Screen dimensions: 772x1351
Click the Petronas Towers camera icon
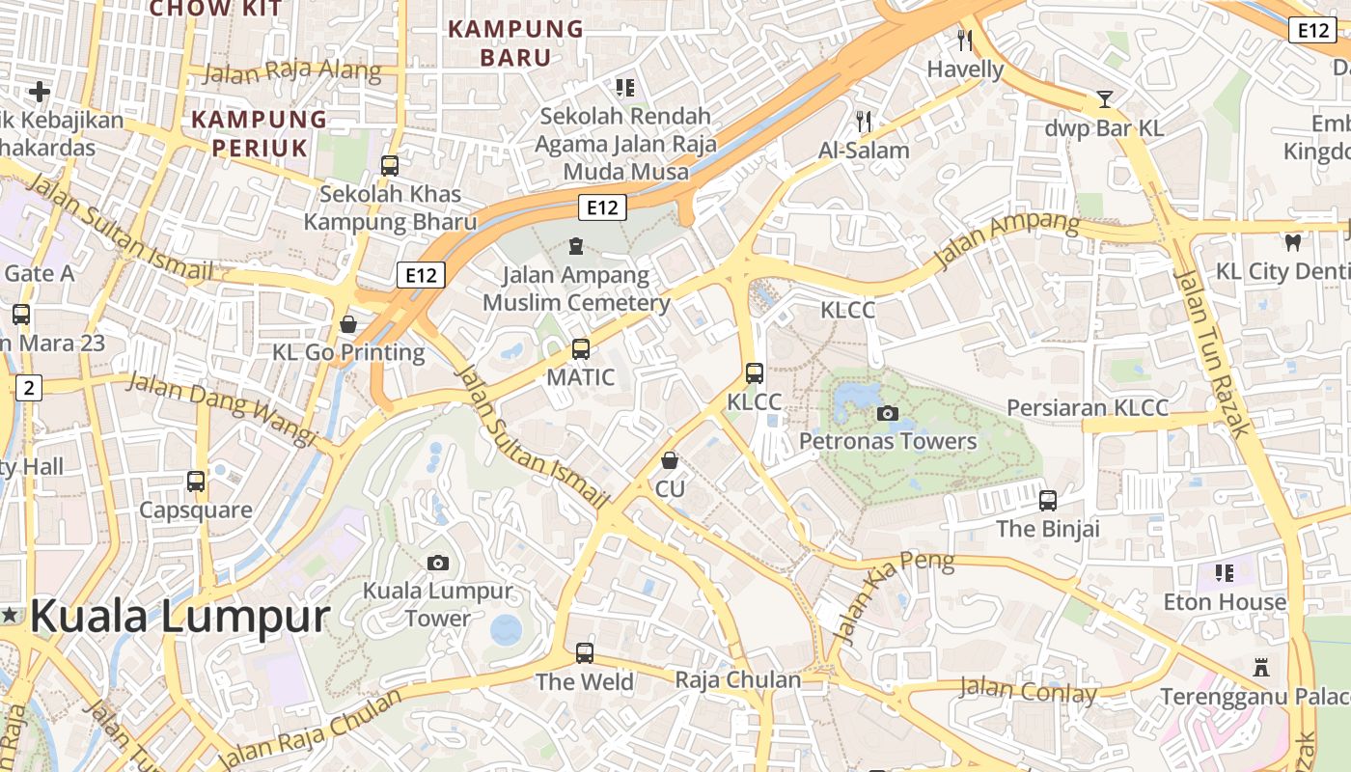(x=887, y=414)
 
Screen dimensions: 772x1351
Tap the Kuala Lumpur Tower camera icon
(x=437, y=563)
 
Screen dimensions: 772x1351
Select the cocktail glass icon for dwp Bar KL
(x=1105, y=99)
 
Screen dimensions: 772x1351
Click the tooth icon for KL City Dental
(x=1292, y=242)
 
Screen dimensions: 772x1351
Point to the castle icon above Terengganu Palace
(x=1259, y=667)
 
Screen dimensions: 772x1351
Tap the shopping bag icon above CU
(x=670, y=460)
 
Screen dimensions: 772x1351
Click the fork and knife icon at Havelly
(x=964, y=40)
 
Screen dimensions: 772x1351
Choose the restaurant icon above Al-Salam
(x=864, y=121)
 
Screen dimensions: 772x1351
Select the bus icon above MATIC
(x=580, y=348)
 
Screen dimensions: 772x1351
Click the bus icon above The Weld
(x=585, y=653)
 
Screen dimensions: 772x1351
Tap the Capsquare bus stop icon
(x=196, y=481)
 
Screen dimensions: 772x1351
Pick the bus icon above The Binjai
(x=1048, y=500)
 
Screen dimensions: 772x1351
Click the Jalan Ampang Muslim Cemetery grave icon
(x=576, y=246)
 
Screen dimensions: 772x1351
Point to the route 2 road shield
(x=29, y=388)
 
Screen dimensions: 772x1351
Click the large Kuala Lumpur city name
(x=179, y=616)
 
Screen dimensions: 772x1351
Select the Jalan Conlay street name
(x=1028, y=691)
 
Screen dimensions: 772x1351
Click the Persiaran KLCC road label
(x=1088, y=407)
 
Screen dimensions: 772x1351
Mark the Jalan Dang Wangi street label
(x=222, y=409)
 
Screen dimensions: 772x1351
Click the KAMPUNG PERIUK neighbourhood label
(x=259, y=133)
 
